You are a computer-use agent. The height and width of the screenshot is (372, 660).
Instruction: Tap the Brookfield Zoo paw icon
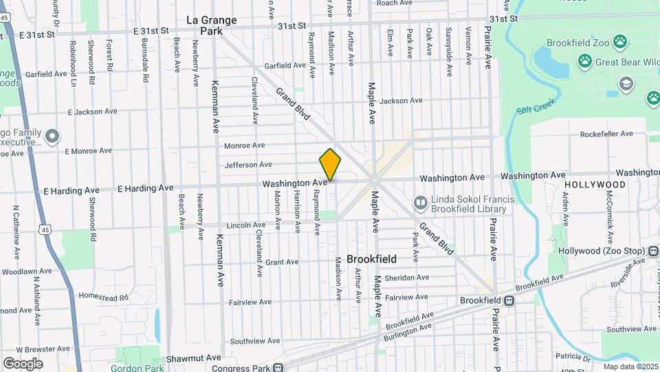click(621, 41)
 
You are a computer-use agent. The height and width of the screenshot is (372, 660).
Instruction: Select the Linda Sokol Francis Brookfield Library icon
click(420, 203)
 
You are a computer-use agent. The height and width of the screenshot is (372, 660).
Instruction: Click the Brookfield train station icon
click(509, 300)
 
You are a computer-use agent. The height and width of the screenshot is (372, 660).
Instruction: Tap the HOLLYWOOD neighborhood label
click(595, 185)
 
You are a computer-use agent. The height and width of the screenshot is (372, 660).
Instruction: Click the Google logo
click(23, 363)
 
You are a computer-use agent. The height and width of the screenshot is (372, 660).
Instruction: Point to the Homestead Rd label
click(104, 298)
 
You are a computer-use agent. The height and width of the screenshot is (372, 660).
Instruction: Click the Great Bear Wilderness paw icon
click(584, 61)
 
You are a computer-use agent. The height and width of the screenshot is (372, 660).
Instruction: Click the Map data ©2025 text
click(631, 366)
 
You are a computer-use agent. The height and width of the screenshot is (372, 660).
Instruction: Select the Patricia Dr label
click(573, 357)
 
